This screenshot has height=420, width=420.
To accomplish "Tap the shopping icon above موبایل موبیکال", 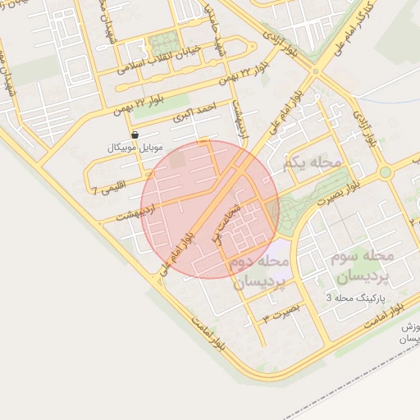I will pyautogui.click(x=135, y=135).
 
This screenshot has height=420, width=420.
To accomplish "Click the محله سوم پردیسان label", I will pyautogui.click(x=364, y=266).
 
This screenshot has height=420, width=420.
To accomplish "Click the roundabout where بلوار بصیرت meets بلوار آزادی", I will pyautogui.click(x=384, y=172).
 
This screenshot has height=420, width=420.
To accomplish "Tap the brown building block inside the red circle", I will pyautogui.click(x=178, y=161).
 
